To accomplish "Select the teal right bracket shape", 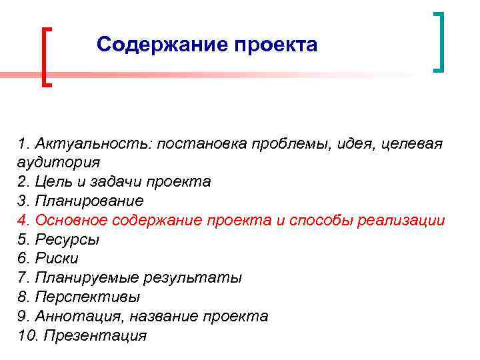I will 439,41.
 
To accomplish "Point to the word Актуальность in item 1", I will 93,143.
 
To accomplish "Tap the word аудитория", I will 59,163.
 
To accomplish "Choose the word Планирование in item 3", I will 89,201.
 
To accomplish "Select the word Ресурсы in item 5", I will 70,239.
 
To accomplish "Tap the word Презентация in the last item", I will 95,335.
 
